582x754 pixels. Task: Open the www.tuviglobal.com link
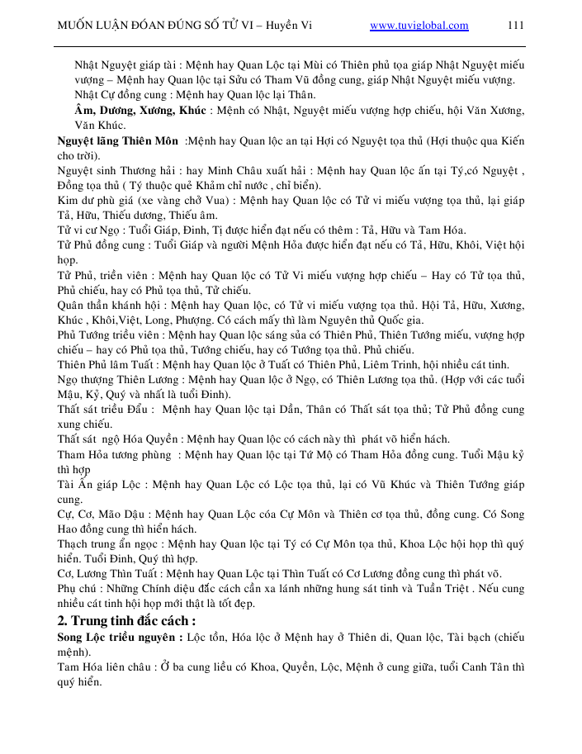419,26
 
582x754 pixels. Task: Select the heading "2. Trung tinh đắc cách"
126,620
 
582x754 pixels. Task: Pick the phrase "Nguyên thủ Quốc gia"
438,319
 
